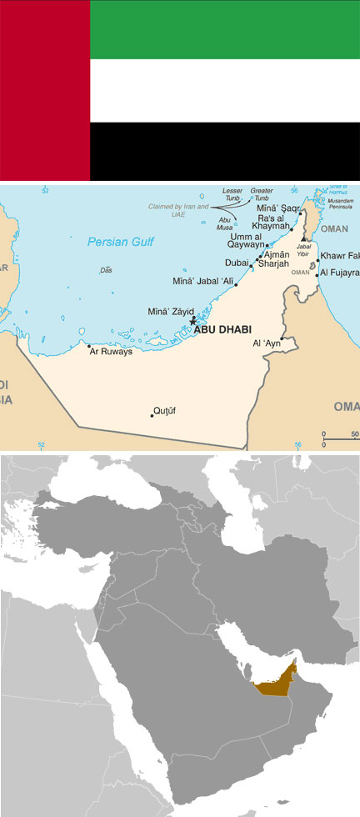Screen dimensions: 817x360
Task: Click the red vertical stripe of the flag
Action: [x=45, y=90]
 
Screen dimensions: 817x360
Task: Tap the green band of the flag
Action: [x=224, y=30]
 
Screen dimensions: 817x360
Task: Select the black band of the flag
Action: [x=224, y=151]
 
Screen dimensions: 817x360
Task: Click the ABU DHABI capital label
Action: [x=222, y=329]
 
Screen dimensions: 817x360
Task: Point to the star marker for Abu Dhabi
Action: [x=193, y=321]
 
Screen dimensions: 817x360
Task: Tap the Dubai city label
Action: [x=236, y=263]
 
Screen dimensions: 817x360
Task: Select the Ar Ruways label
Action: [x=112, y=351]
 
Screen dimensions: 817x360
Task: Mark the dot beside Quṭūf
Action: [x=152, y=414]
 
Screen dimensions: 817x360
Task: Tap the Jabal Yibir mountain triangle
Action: [x=304, y=239]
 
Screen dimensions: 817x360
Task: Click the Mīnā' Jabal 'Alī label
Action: [x=202, y=280]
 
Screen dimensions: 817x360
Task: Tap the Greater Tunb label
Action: [x=262, y=195]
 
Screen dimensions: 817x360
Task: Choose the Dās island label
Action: [x=106, y=270]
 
